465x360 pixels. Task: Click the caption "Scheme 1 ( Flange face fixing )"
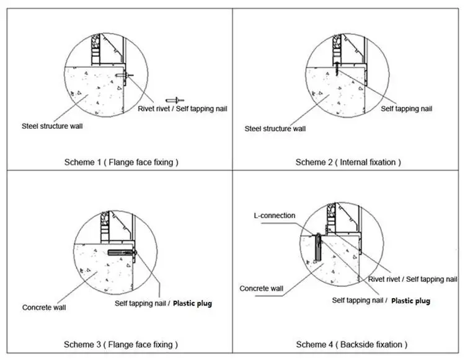point(121,162)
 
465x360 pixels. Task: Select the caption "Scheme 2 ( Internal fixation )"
point(348,162)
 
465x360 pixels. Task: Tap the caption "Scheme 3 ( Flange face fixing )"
point(121,344)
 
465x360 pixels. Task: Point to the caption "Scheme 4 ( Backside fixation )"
point(352,344)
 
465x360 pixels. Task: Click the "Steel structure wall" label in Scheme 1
point(53,126)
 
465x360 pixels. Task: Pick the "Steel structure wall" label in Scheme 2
point(275,129)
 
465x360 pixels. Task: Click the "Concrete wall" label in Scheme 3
point(45,307)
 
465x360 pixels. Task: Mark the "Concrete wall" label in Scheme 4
point(262,289)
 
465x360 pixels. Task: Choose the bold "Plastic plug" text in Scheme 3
point(192,304)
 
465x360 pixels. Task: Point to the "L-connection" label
point(274,216)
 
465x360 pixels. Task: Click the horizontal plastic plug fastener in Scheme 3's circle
point(122,253)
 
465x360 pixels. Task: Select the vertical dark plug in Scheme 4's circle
point(317,247)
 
